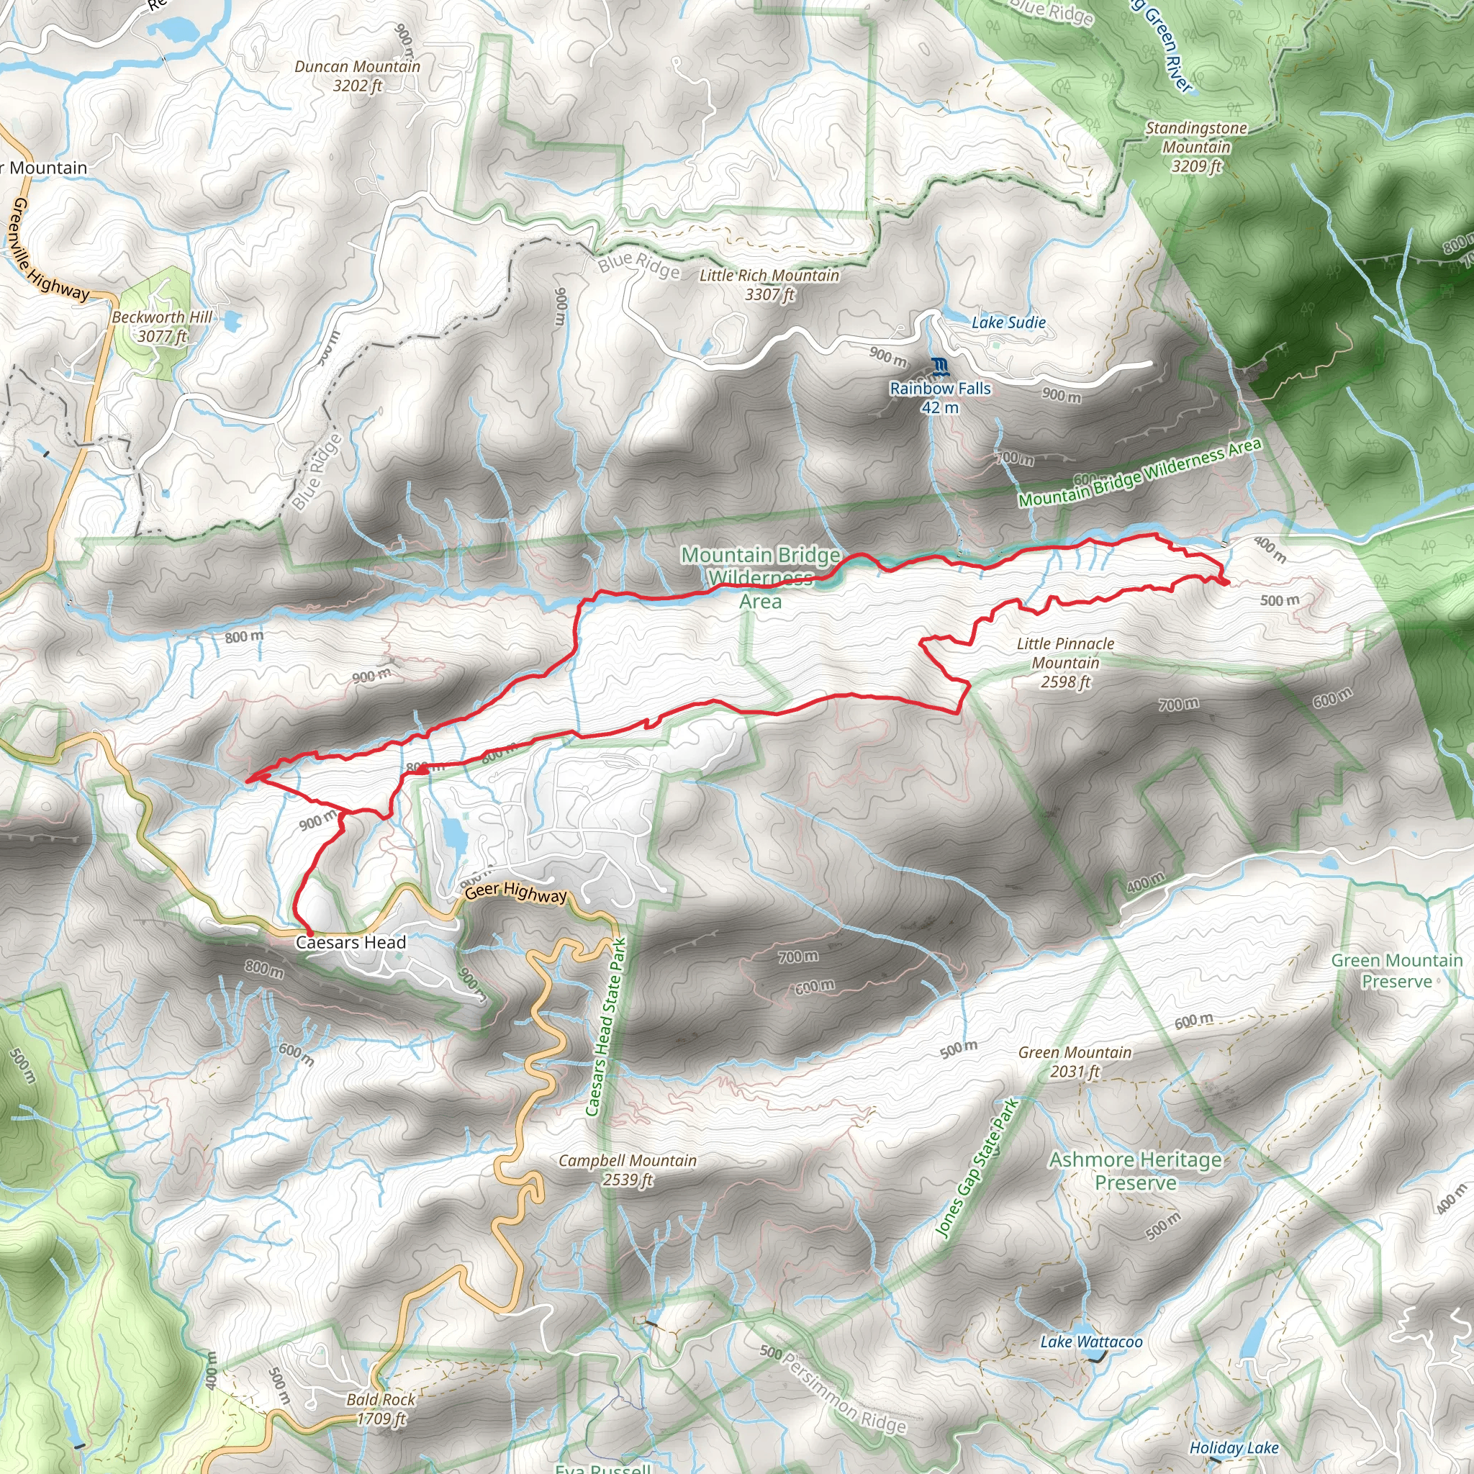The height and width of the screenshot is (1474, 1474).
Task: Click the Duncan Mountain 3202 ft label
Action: tap(357, 76)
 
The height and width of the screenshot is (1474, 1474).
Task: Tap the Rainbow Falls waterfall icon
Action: tap(940, 367)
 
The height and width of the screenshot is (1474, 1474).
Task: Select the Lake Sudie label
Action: tap(1008, 322)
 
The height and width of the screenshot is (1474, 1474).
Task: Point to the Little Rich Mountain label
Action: tap(769, 284)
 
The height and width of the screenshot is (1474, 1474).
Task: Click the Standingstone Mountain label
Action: tap(1195, 148)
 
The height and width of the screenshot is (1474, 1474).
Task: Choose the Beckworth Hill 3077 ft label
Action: tap(162, 327)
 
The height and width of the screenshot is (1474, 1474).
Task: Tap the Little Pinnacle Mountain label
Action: tap(1065, 662)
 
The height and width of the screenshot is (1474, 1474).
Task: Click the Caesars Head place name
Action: tap(351, 942)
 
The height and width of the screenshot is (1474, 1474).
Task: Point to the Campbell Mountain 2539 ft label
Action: tap(627, 1170)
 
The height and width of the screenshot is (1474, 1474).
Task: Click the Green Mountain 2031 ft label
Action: tap(1075, 1062)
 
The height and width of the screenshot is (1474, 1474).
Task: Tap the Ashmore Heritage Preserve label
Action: tap(1134, 1171)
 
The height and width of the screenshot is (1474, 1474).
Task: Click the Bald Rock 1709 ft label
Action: tap(381, 1409)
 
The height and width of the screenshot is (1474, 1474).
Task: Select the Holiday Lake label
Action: tap(1234, 1447)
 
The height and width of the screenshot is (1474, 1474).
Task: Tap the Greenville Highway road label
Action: tap(46, 252)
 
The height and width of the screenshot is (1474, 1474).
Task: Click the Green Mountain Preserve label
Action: tap(1396, 970)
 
